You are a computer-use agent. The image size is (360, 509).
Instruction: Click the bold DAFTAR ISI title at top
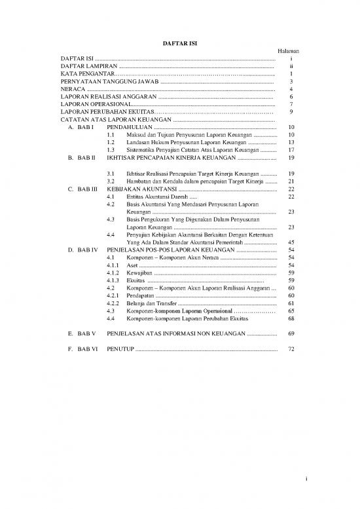[179, 43]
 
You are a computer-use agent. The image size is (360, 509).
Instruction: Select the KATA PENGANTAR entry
[86, 75]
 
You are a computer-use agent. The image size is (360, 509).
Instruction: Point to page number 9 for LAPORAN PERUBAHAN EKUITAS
[290, 112]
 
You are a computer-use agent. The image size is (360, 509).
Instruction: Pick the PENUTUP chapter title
[121, 349]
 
